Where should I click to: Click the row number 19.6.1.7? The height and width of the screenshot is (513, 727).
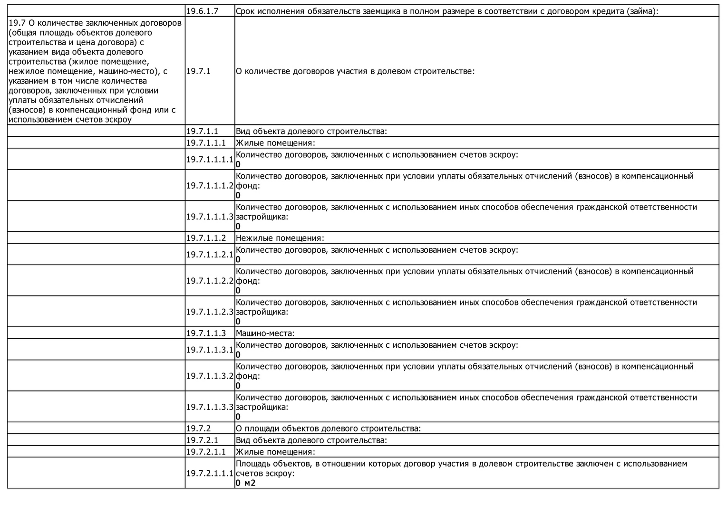click(202, 11)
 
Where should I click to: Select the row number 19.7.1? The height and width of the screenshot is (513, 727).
click(198, 71)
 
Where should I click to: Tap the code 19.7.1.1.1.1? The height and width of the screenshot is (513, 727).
click(210, 159)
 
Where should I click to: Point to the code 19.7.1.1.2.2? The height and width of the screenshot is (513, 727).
click(210, 281)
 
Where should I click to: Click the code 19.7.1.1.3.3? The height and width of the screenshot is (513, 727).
click(210, 407)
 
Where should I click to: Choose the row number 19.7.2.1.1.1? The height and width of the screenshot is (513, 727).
click(210, 473)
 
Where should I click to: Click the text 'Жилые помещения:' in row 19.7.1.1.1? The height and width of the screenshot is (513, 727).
click(275, 143)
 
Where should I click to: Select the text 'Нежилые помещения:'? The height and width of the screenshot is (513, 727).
click(280, 238)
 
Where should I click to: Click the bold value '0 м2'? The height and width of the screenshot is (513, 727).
click(245, 483)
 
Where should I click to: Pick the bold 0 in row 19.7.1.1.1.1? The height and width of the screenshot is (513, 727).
click(238, 164)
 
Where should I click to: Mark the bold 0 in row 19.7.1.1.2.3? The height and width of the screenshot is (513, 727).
click(238, 322)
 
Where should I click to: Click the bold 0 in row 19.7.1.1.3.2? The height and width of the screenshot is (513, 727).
click(238, 386)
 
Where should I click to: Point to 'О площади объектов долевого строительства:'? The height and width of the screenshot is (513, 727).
click(328, 428)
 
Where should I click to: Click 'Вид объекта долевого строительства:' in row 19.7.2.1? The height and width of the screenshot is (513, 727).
click(311, 440)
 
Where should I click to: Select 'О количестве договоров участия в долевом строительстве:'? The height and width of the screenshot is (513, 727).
click(355, 71)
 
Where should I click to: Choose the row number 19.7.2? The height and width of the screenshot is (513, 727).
click(198, 428)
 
